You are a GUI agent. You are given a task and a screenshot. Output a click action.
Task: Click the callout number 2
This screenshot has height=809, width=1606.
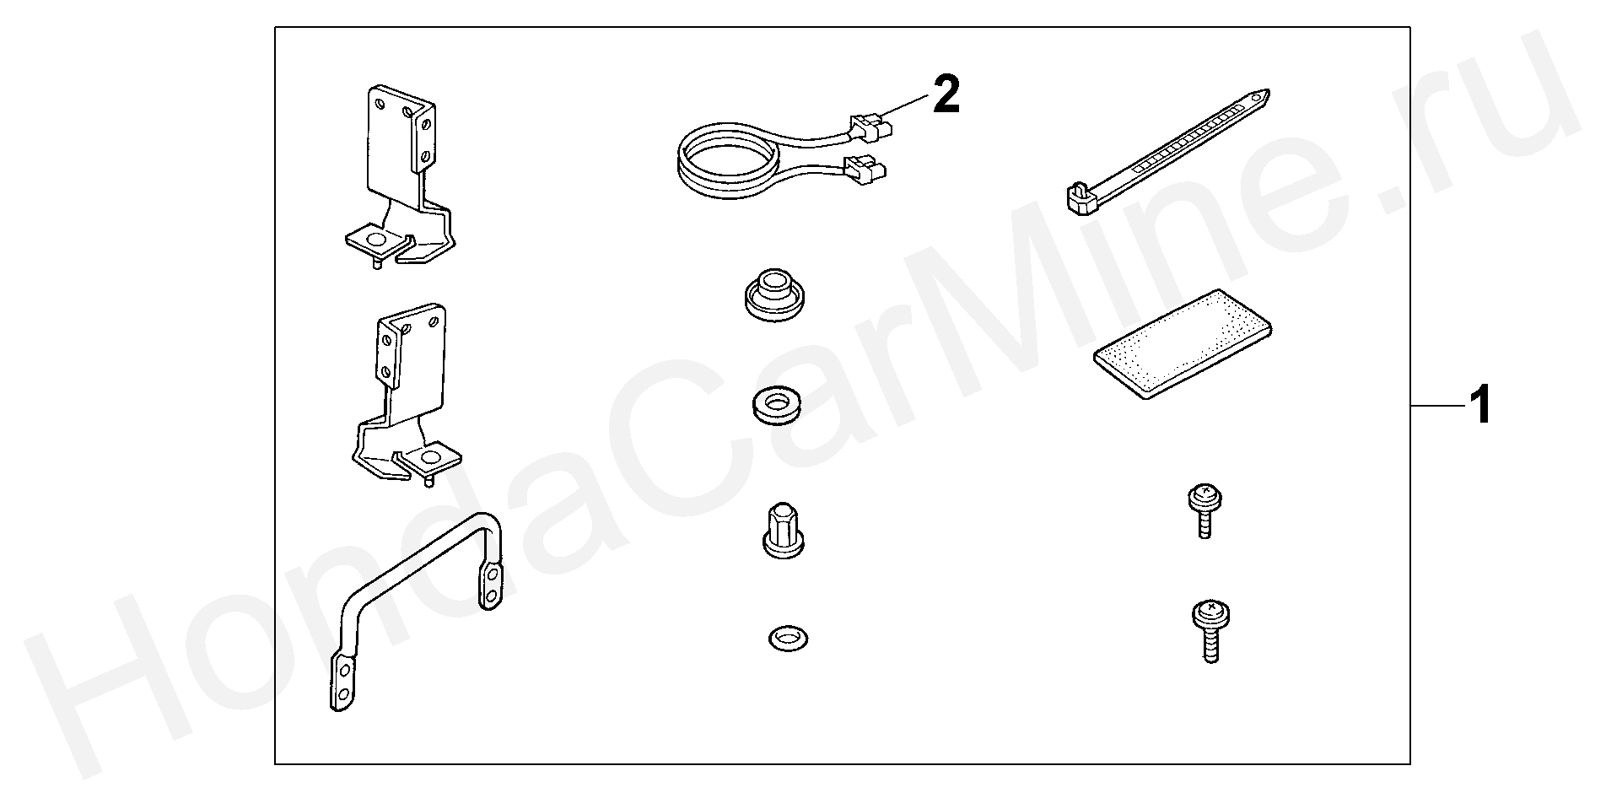pyautogui.click(x=946, y=94)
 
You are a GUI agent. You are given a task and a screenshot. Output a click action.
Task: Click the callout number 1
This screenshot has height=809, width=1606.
pyautogui.click(x=1479, y=406)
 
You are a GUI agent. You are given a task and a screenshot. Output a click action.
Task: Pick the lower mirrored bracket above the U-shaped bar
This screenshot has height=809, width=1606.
pyautogui.click(x=406, y=395)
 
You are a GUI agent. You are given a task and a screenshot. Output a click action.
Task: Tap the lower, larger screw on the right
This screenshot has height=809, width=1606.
pyautogui.click(x=1210, y=632)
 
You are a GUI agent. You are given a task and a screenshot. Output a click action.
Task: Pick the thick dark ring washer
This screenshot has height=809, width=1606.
pyautogui.click(x=774, y=405)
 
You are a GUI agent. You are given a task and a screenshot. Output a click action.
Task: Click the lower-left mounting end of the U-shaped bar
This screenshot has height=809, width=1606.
pyautogui.click(x=342, y=684)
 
